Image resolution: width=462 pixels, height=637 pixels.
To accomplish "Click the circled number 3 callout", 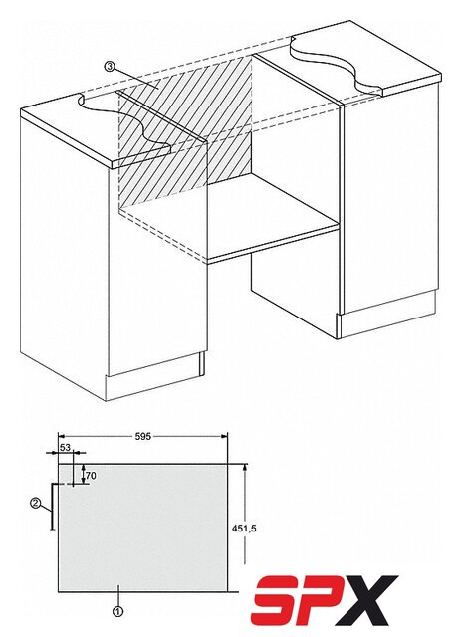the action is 109,67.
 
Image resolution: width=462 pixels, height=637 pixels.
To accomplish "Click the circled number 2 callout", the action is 36,504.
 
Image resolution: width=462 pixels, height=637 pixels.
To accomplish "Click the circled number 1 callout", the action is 117,611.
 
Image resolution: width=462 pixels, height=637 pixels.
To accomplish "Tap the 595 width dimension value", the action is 142,436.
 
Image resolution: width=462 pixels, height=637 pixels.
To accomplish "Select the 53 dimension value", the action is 65,447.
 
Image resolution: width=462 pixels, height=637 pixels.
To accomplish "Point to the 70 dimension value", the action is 91,475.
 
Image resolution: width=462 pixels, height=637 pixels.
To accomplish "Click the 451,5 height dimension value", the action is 245,529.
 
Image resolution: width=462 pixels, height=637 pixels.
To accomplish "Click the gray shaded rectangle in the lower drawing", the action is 142,529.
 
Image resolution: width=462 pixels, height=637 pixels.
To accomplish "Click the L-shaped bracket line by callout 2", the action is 52,507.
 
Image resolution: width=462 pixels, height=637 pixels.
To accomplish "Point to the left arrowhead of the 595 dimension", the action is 62,436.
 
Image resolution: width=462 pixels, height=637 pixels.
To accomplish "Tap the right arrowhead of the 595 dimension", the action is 223,436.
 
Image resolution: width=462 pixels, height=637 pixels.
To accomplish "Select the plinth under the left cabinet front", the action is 153,376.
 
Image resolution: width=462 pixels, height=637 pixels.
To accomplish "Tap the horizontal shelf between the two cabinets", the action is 231,221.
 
